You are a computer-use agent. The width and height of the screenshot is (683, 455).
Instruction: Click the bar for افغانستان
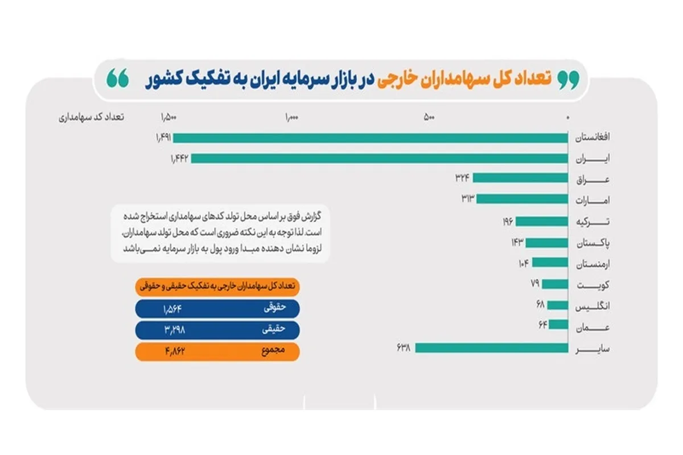tap(370, 138)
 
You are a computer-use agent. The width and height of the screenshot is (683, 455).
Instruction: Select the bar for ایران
tap(379, 159)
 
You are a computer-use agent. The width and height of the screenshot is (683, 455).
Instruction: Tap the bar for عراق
tap(520, 178)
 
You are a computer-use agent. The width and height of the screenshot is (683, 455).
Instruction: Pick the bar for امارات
tap(522, 199)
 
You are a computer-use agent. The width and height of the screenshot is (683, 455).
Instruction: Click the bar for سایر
tap(492, 348)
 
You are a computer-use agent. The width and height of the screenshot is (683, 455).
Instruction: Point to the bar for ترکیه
tap(541, 222)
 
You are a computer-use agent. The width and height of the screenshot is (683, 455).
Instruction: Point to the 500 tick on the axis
tap(429, 118)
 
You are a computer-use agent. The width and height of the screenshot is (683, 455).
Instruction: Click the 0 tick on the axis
tap(567, 118)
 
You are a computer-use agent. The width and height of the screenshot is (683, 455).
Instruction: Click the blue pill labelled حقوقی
tap(217, 308)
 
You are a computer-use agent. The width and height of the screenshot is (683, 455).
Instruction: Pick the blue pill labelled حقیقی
tap(217, 330)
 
